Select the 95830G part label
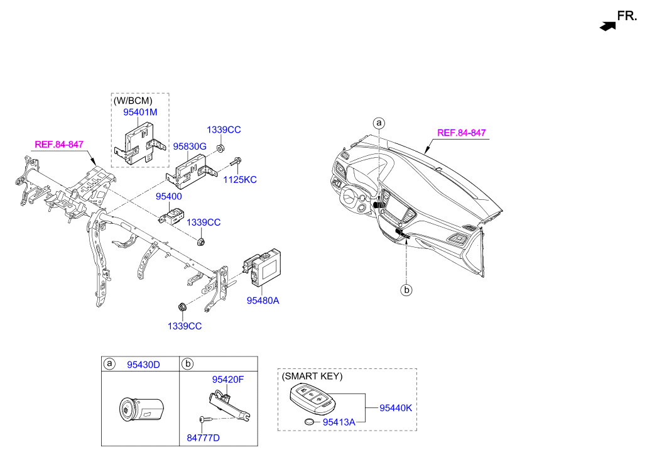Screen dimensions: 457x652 190,146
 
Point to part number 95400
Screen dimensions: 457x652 169,196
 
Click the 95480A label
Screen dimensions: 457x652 263,300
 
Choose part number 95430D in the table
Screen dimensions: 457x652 143,364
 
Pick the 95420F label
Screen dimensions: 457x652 227,379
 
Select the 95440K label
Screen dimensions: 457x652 396,407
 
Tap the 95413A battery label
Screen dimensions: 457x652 339,422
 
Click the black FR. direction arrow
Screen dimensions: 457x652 607,26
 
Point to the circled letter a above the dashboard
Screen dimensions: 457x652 379,123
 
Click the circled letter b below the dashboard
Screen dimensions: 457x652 406,290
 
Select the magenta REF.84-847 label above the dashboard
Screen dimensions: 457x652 462,133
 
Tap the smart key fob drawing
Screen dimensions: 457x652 312,400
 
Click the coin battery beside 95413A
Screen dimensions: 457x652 309,422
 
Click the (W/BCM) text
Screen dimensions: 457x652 133,101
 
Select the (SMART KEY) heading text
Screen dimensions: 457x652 312,376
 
